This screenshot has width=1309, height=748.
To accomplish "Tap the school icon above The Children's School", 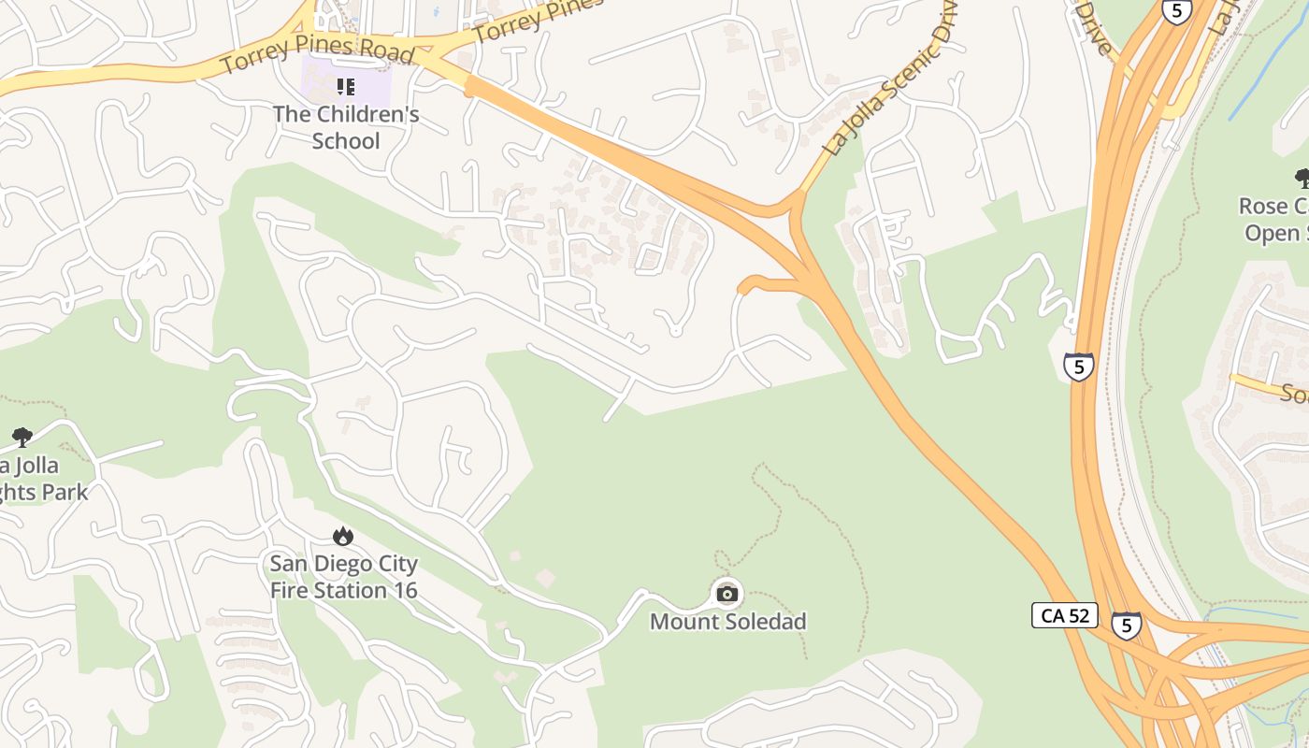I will coord(346,87).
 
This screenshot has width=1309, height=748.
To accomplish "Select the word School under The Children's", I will coord(346,141).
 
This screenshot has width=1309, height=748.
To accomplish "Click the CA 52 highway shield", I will coord(1065,615).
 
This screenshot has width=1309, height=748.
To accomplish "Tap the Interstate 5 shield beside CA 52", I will coord(1126,625).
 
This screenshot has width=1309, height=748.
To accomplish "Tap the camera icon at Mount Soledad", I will coord(727,593).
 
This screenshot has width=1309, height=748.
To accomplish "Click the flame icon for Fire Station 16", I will coord(343,537).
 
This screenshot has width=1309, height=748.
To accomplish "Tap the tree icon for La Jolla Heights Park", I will coord(22,437).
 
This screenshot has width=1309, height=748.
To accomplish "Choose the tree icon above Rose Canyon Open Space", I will coord(1302,178).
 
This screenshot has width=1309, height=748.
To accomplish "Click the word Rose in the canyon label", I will coord(1262,206).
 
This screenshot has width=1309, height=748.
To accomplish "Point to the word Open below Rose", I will coord(1271,233).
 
